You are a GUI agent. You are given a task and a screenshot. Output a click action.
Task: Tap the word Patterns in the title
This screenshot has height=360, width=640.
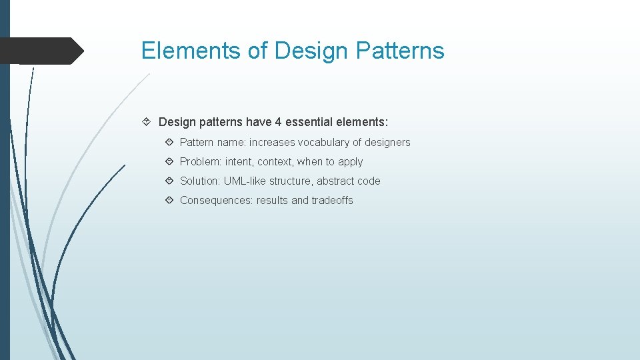[400, 51]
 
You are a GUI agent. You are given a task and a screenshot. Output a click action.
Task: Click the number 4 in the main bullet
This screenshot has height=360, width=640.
[278, 122]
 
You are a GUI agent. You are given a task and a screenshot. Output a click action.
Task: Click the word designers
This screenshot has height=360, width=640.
[387, 142]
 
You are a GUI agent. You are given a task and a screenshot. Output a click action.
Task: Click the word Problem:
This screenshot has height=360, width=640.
[201, 161]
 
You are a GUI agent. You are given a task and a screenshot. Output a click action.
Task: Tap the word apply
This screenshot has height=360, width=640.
[351, 162]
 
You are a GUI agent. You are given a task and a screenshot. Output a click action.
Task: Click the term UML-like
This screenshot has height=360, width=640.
[245, 181]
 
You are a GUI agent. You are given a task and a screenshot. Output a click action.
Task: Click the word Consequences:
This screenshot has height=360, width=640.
[217, 200]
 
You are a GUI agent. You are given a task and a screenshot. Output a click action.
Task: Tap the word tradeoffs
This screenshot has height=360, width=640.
[332, 200]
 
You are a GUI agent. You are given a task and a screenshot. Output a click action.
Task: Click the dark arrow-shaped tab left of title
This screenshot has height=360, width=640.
[40, 51]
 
